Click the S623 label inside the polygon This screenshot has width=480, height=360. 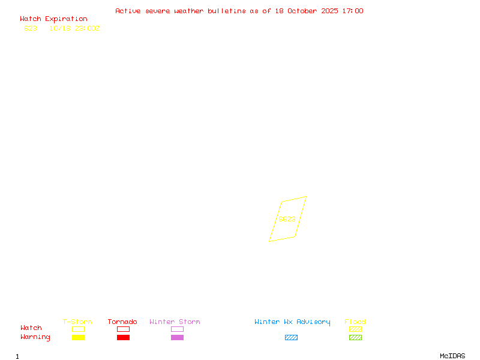click(287, 219)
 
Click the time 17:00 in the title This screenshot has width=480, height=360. click(352, 11)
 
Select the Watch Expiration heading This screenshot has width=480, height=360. click(53, 19)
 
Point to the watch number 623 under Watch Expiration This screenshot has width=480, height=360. click(31, 28)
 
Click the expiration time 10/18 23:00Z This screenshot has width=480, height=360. click(74, 28)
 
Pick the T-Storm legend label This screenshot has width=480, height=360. click(77, 322)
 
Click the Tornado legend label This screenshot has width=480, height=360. click(122, 322)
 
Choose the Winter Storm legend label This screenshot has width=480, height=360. click(175, 322)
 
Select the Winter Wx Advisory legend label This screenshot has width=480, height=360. click(292, 322)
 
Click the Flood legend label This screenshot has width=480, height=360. click(355, 322)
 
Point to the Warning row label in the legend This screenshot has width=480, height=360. click(35, 337)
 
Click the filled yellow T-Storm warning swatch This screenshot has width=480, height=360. click(78, 337)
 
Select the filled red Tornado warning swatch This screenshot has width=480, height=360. click(123, 337)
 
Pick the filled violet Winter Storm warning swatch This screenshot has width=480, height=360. click(177, 337)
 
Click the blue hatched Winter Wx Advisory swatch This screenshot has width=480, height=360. click(291, 337)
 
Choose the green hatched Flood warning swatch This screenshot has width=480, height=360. click(355, 337)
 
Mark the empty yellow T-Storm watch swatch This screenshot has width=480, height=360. click(78, 329)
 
